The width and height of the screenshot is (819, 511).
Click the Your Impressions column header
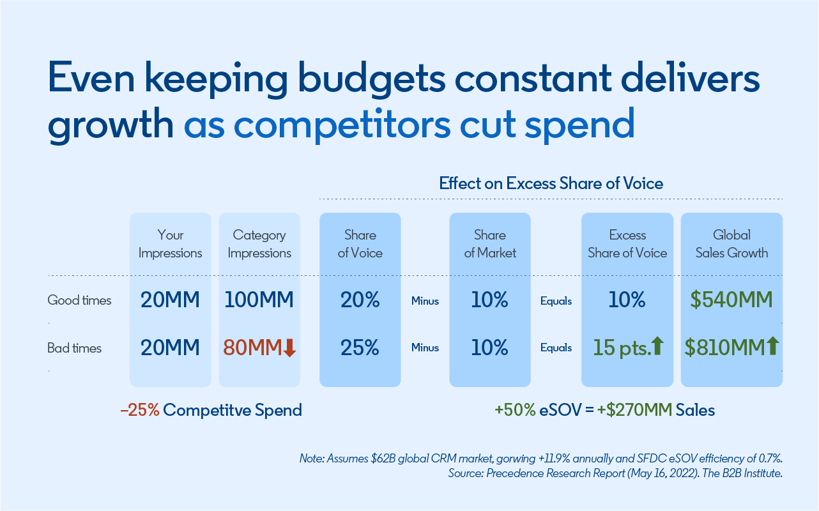point(170,244)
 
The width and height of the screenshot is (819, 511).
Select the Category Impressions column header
point(259,244)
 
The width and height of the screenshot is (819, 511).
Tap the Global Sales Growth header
point(731,244)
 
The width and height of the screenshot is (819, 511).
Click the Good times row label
point(79,300)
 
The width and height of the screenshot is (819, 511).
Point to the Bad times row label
point(75,348)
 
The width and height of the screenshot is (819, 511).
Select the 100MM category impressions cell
point(259,300)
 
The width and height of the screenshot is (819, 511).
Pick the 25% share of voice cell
point(360,348)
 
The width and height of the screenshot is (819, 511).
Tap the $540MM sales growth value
point(731,300)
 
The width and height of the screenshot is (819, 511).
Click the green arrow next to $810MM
point(772,347)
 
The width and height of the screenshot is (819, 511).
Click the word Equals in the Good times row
point(556,301)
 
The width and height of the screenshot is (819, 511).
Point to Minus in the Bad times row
point(425,348)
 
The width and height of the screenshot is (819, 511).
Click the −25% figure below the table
point(139,410)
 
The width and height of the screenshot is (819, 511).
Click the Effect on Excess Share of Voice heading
point(551,184)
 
